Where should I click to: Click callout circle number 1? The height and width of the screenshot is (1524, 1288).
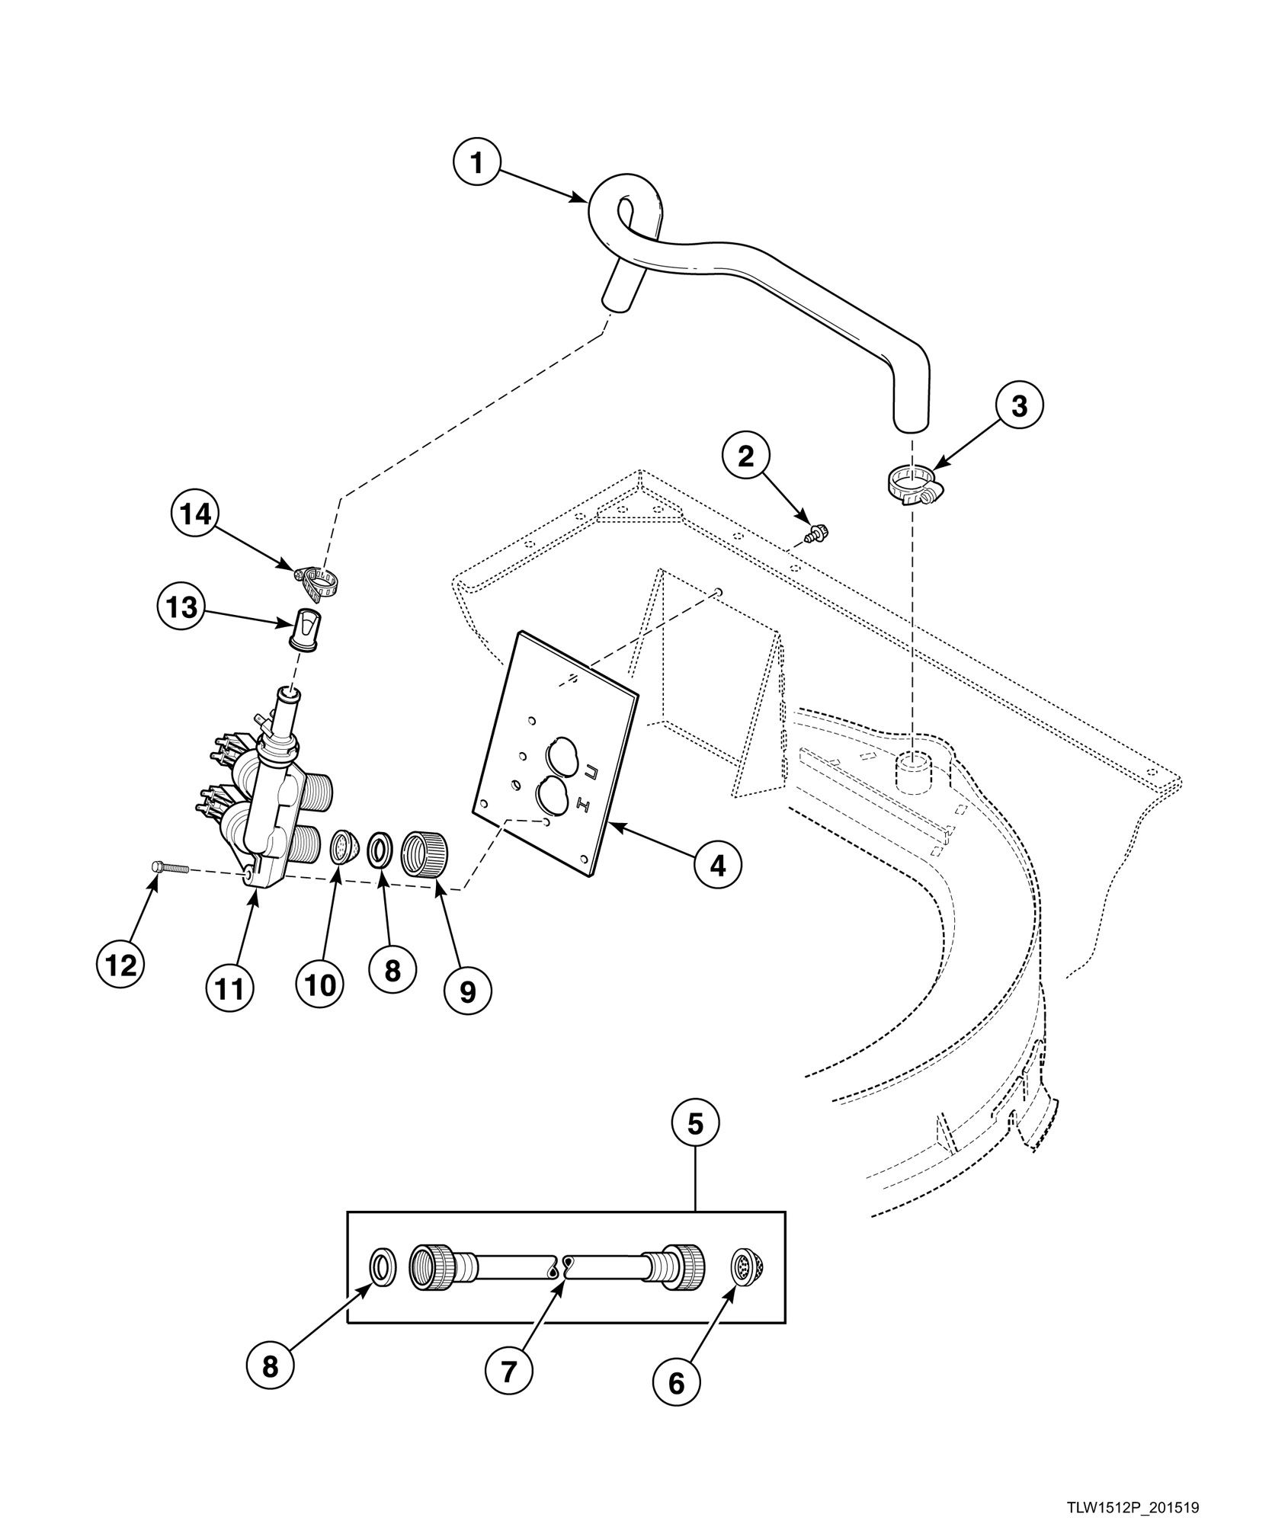[x=477, y=163]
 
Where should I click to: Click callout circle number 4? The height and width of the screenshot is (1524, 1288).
[x=717, y=865]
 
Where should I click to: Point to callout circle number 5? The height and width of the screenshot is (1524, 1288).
[x=694, y=1123]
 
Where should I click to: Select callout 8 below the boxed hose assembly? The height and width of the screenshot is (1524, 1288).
[x=271, y=1368]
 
